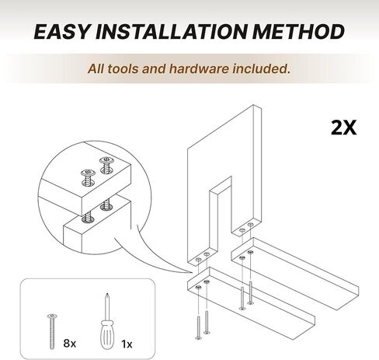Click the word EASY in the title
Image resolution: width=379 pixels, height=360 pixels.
click(x=61, y=32)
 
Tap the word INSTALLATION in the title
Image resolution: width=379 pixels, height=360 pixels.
click(x=171, y=32)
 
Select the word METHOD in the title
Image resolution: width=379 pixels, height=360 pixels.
click(x=298, y=32)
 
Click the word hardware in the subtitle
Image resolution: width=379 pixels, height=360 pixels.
click(x=199, y=68)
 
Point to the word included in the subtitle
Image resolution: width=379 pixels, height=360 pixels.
click(x=261, y=68)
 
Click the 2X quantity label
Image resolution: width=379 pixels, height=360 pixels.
click(x=344, y=128)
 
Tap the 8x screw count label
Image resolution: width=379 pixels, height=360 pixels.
click(x=70, y=344)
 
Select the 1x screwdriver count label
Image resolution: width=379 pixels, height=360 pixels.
click(x=127, y=344)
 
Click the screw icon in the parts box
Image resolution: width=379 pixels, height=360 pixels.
click(x=52, y=331)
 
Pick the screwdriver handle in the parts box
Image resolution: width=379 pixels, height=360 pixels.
click(x=107, y=335)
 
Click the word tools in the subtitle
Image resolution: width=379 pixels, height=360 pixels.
click(x=123, y=68)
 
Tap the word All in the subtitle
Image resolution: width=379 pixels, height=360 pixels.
click(x=96, y=68)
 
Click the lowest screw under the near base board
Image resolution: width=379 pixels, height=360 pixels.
click(x=199, y=327)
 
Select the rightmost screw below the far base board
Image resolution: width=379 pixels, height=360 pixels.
click(x=250, y=292)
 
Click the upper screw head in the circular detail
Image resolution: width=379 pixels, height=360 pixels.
click(x=106, y=160)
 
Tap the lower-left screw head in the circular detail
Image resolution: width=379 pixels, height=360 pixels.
click(x=89, y=173)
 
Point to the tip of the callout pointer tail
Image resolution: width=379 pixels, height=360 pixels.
click(x=192, y=273)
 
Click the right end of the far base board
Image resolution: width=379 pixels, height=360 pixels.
click(x=358, y=291)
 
